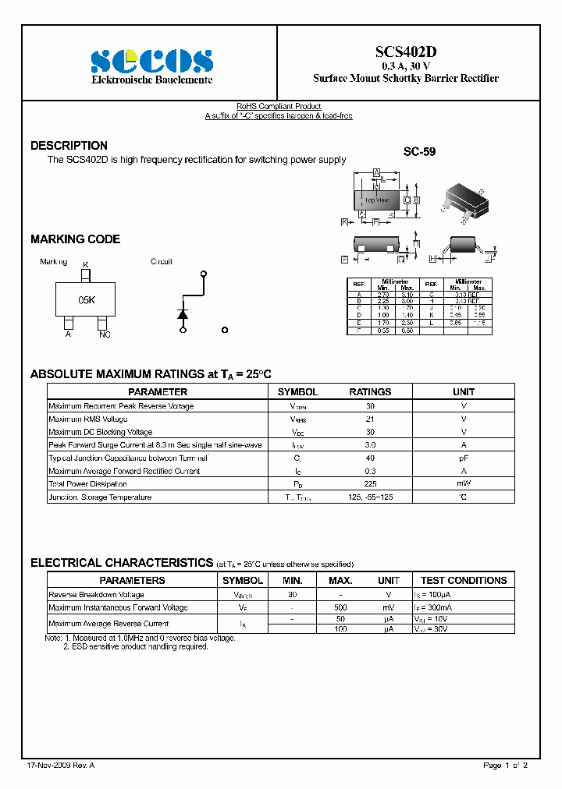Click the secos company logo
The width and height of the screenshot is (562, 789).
151,60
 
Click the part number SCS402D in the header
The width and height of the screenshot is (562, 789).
406,51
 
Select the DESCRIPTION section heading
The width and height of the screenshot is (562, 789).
69,146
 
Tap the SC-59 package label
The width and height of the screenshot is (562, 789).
419,153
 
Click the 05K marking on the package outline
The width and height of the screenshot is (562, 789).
86,299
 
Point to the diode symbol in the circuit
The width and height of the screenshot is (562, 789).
183,313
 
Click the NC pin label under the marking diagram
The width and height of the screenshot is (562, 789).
105,334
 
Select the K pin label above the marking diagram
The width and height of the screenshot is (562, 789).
86,265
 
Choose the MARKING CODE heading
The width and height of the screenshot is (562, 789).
75,239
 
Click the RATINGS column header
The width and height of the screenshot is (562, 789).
370,392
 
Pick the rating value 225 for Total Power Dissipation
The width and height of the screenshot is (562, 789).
370,484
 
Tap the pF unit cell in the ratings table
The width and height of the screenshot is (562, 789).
464,458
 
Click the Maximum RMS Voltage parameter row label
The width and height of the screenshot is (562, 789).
88,419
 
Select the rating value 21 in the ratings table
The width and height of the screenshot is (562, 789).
370,419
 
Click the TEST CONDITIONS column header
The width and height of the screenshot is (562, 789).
463,581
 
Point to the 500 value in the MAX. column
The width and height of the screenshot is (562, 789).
340,607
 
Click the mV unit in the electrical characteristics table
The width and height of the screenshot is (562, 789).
389,607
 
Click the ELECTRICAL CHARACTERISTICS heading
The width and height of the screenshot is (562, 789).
122,563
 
